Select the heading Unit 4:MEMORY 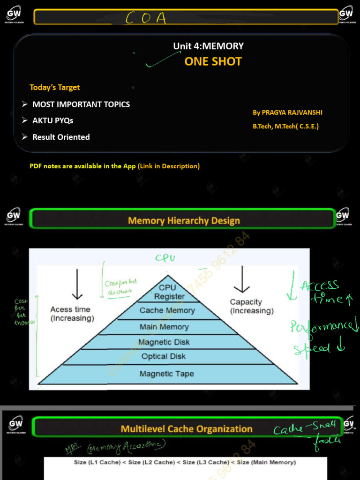tap(208, 46)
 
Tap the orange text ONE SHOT tap(213, 61)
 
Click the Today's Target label tap(54, 87)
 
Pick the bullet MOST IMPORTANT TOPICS tap(81, 104)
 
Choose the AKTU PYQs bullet tap(52, 120)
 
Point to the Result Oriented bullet tap(60, 137)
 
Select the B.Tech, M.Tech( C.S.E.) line tap(285, 126)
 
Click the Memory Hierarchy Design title tap(184, 220)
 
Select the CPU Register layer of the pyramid tap(167, 292)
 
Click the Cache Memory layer tap(167, 310)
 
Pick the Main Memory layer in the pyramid tap(164, 327)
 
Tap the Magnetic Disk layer tap(164, 342)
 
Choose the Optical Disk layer tap(164, 356)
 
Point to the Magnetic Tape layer tap(166, 374)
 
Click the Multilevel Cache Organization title tap(187, 428)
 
